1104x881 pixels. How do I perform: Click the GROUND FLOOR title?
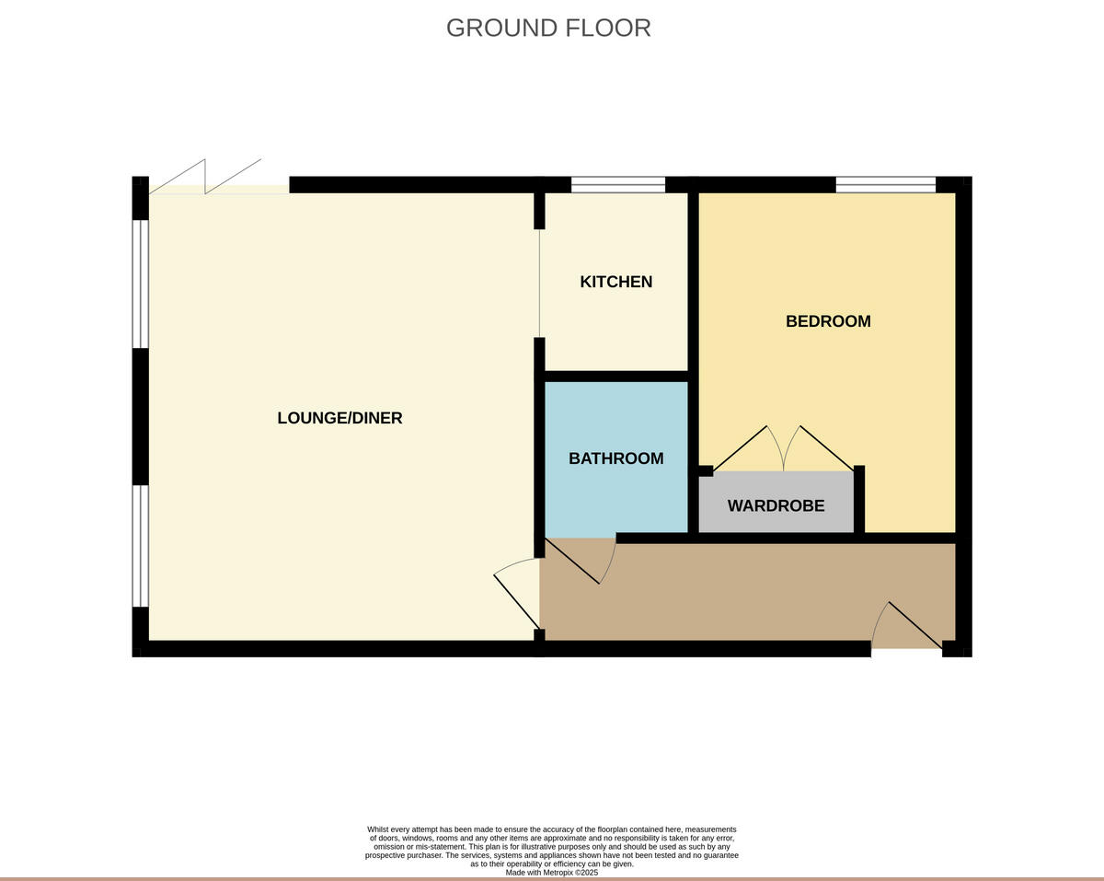point(548,28)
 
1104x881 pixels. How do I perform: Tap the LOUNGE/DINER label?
point(339,418)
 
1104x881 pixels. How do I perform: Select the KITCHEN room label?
point(615,282)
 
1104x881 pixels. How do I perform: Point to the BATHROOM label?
point(615,458)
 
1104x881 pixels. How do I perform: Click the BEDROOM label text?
point(827,321)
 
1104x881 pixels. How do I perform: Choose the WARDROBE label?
point(776,506)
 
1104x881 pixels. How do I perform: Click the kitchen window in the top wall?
point(618,185)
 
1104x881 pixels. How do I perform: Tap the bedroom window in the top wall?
point(885,185)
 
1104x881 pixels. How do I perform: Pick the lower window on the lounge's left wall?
point(141,546)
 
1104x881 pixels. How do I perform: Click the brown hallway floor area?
point(736,594)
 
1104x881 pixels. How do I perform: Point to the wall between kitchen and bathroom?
point(616,377)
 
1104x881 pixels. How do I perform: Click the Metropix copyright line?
point(551,873)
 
